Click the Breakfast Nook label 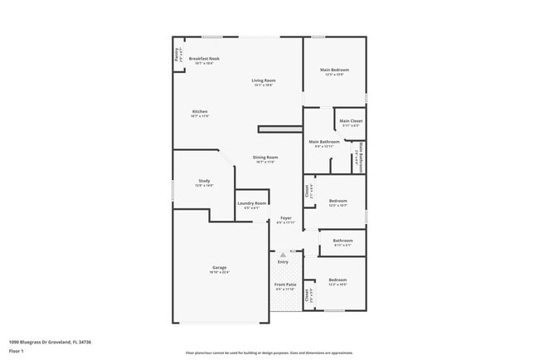[204, 59]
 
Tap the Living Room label [263, 80]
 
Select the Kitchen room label [200, 111]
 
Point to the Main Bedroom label [334, 70]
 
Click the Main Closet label [351, 121]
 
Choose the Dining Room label [265, 157]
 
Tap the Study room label [204, 180]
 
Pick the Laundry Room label [251, 202]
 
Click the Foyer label [285, 217]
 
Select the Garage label [219, 267]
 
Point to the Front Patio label [285, 285]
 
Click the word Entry [284, 262]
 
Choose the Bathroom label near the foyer [342, 241]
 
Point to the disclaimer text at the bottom [269, 352]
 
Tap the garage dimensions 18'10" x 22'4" [219, 272]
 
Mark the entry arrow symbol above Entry [284, 254]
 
